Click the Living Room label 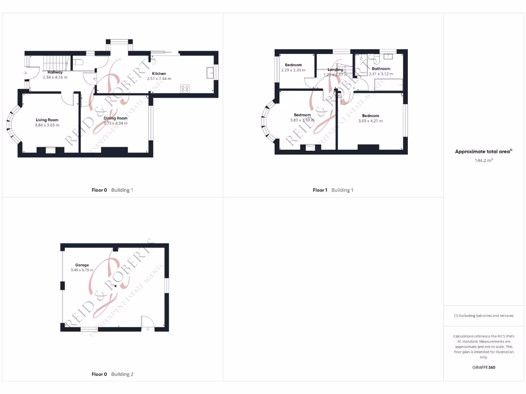47,120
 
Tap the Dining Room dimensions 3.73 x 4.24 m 115,123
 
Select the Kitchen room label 159,73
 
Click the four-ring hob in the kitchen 185,89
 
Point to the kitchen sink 211,72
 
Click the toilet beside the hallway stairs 78,62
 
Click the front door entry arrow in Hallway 25,73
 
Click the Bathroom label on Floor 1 381,69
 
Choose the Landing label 335,69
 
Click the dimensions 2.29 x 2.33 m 293,70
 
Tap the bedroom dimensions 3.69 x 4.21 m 370,121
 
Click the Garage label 82,265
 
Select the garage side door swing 147,322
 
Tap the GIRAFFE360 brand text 483,367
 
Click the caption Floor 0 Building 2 112,374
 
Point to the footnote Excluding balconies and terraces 483,316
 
